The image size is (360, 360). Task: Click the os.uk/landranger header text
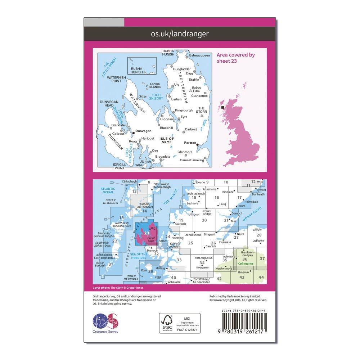(x=180, y=34)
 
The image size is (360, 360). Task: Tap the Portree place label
(x=189, y=143)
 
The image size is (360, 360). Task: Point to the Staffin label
(x=194, y=79)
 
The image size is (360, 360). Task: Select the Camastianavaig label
(x=192, y=160)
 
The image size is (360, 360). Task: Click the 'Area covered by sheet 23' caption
(x=235, y=58)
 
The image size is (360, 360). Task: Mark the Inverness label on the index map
(x=225, y=242)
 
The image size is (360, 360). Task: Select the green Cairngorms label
(x=246, y=264)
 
